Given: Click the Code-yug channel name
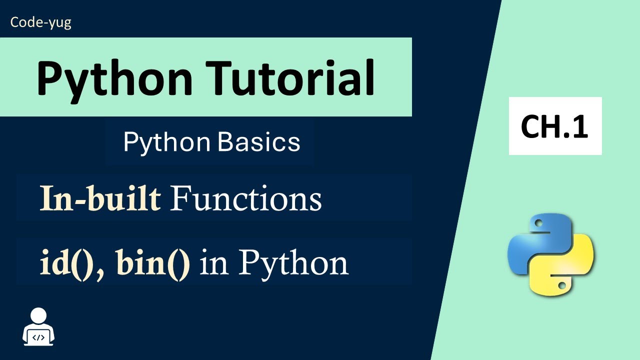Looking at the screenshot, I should [x=40, y=22].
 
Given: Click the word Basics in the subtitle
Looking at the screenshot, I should [x=259, y=142].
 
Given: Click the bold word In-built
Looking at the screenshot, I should [x=100, y=199].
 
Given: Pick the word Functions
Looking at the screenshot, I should [x=245, y=199].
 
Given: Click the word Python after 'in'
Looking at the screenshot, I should [x=292, y=263].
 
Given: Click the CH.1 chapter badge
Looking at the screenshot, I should [x=555, y=126].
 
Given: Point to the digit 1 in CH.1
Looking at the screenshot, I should [x=579, y=127].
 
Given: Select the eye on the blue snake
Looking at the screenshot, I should [x=537, y=223].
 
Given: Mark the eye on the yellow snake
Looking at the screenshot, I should [x=562, y=285].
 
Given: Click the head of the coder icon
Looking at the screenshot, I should [x=38, y=315].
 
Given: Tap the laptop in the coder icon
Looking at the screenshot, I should [x=38, y=337].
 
